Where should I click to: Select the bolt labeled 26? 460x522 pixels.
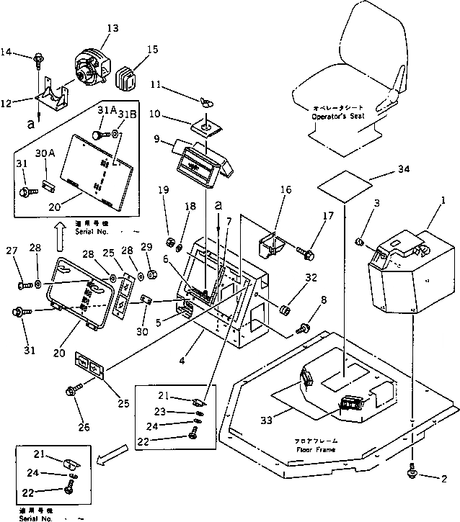click(73, 392)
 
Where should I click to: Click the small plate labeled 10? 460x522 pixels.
click(204, 127)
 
